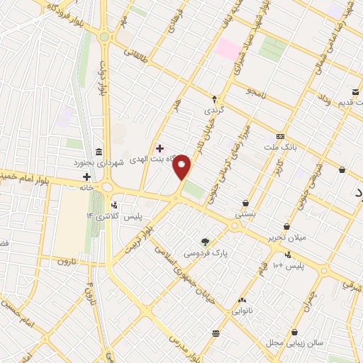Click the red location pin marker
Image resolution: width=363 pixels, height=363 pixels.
183,167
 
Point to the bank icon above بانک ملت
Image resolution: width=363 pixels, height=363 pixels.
281,135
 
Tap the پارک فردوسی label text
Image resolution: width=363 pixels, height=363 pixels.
202,252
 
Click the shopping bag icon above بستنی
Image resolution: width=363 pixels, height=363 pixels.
246,203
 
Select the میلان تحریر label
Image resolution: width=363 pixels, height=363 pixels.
287,238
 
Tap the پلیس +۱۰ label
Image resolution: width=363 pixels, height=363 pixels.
292,265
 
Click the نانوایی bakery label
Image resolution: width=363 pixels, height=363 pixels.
247,311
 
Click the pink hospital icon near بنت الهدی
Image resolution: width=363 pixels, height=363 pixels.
160,149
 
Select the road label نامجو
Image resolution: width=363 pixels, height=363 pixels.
255,91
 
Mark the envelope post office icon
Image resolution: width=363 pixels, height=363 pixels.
355,91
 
